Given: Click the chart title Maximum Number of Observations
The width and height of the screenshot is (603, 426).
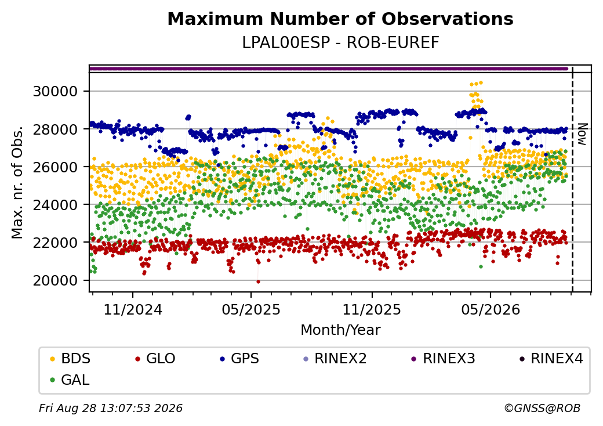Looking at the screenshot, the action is click(340, 19).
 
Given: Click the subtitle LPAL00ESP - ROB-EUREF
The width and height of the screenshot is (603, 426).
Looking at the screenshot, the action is click(340, 43).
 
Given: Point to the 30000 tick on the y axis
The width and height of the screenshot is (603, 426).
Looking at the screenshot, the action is click(56, 92).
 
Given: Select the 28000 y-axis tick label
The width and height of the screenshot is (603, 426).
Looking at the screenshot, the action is click(56, 129).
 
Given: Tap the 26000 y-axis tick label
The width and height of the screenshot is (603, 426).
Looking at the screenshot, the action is click(56, 167).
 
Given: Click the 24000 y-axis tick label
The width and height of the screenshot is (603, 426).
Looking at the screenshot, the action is click(56, 205).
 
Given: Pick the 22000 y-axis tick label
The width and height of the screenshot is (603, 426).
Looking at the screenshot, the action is click(56, 243).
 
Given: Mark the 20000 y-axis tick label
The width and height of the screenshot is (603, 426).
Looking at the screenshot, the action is click(56, 280).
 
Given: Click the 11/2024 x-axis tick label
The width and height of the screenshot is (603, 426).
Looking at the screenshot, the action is click(133, 309).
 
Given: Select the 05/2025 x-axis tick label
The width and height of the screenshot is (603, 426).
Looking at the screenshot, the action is click(251, 309).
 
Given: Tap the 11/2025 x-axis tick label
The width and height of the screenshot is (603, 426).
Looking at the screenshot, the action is click(372, 309).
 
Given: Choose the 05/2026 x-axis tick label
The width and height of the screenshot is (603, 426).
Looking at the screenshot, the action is click(491, 309).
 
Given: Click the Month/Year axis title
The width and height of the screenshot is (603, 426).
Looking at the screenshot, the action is click(340, 330).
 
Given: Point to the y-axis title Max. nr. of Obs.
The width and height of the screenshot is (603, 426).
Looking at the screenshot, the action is click(17, 182).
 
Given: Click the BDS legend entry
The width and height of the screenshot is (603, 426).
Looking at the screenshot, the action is click(70, 359).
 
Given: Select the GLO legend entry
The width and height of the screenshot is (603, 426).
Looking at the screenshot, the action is click(155, 359).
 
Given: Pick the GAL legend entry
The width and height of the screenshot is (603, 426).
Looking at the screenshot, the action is click(70, 380).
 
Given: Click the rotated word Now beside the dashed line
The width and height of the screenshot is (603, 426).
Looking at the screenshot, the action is click(583, 134).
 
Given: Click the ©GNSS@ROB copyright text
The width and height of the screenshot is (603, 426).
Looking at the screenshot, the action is click(542, 408).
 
